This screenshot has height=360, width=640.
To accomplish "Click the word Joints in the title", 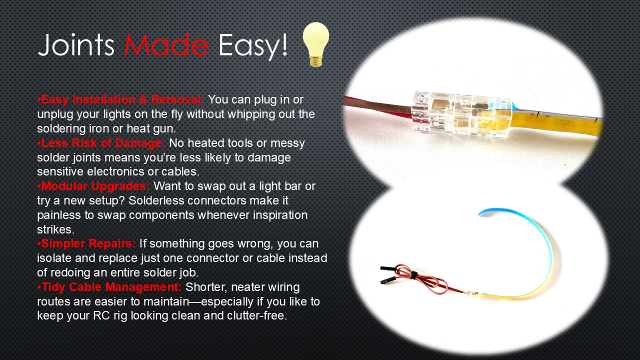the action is pyautogui.click(x=76, y=45).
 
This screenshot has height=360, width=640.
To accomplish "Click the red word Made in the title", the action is pyautogui.click(x=166, y=45).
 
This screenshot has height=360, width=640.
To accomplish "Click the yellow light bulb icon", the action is pyautogui.click(x=315, y=44).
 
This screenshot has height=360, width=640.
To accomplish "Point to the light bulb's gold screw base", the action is pyautogui.click(x=315, y=61).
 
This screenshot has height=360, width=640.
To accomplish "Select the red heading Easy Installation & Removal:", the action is pyautogui.click(x=121, y=99).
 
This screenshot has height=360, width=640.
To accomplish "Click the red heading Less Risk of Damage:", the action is pyautogui.click(x=101, y=143).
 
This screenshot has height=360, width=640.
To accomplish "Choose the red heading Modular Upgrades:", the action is pyautogui.click(x=93, y=186).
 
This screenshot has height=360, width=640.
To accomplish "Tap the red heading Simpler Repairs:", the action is pyautogui.click(x=86, y=243).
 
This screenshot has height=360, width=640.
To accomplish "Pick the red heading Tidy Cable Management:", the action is pyautogui.click(x=109, y=287).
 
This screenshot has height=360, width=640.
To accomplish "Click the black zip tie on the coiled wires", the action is pyautogui.click(x=413, y=275).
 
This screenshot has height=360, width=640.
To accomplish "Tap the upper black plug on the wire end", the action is pyautogui.click(x=387, y=268).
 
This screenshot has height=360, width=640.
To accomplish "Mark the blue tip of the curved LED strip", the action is pyautogui.click(x=485, y=211).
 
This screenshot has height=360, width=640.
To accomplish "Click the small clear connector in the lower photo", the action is pyautogui.click(x=473, y=292).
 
